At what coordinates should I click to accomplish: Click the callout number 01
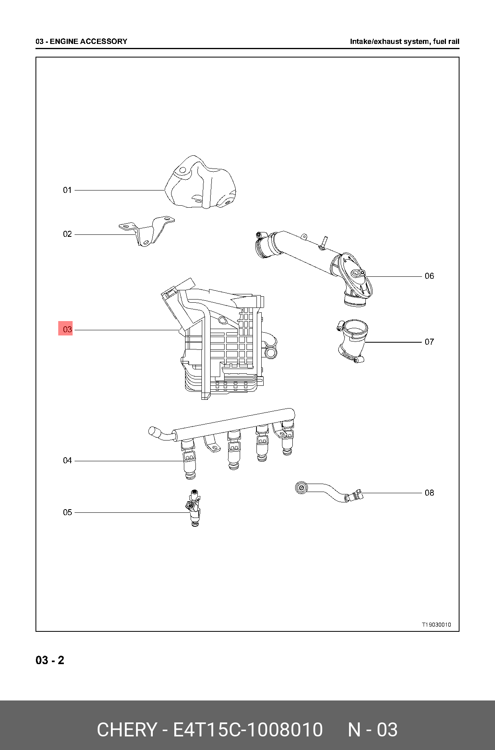[67, 190]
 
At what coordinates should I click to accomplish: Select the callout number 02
[67, 234]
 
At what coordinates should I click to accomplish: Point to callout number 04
[67, 460]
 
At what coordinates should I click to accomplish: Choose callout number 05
[67, 512]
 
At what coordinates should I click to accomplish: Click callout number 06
[429, 276]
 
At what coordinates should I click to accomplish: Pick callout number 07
[429, 342]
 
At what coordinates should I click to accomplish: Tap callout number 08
[429, 493]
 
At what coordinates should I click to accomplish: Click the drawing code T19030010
[436, 625]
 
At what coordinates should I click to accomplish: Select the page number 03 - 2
[50, 660]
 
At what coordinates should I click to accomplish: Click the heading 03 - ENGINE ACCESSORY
[81, 41]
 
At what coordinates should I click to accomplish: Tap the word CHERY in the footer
[127, 730]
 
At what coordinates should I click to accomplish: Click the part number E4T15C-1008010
[247, 730]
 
